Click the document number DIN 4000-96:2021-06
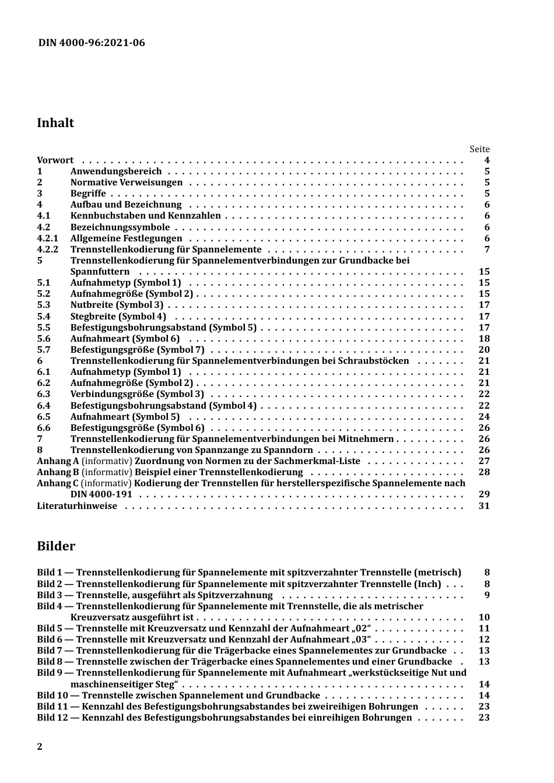coord(92,43)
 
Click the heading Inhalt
coord(55,123)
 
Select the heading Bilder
coord(56,546)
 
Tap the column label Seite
coord(479,149)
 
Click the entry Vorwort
coord(55,160)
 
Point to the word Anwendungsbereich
coord(116,171)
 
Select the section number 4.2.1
coord(47,238)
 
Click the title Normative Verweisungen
coord(127,182)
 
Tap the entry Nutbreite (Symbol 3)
coord(117,305)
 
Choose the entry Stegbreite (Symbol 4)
coord(118,317)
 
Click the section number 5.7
coord(44,350)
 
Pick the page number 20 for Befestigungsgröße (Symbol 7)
coord(484,350)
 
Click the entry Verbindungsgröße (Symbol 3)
coord(137,394)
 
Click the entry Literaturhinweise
coord(77,506)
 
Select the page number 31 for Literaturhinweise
coord(484,506)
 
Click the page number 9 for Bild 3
coord(487,595)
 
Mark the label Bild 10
coord(52,696)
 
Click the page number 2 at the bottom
coord(40,747)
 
